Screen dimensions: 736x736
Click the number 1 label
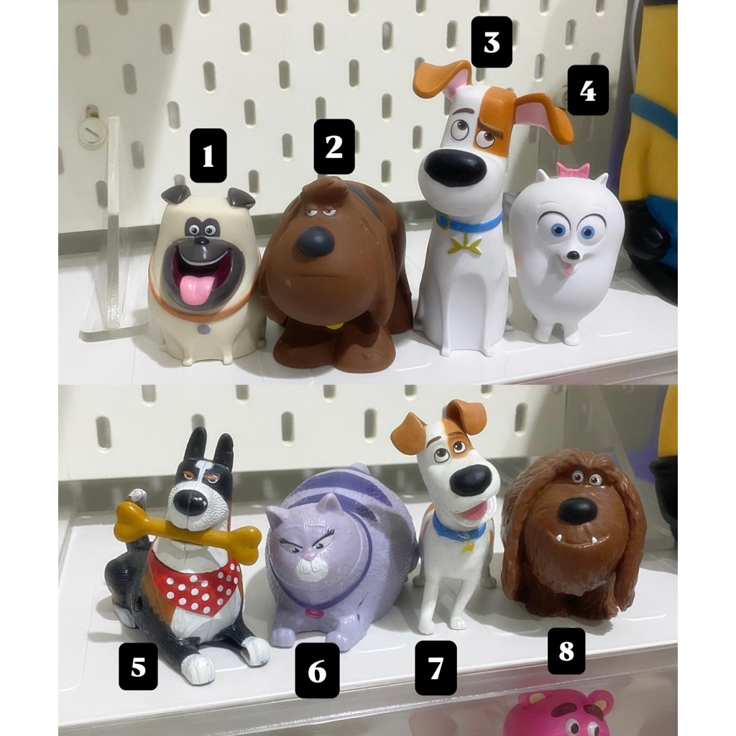(208, 155)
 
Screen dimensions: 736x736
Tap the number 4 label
(588, 91)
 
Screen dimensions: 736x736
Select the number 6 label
(317, 671)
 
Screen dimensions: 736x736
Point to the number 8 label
(566, 651)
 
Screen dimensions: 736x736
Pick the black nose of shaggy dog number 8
(578, 510)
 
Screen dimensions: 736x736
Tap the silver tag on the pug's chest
(203, 329)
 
